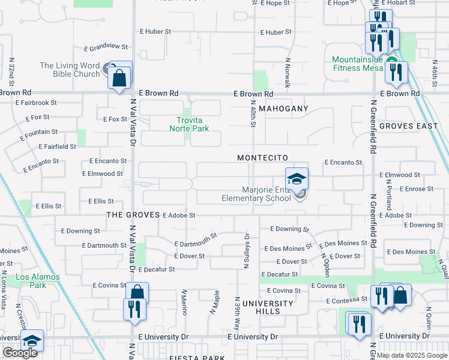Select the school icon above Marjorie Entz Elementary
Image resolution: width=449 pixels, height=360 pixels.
297,179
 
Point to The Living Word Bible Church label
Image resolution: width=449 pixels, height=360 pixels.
70,70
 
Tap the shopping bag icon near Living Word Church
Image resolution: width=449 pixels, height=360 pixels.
119,77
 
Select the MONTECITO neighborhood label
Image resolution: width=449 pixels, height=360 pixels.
262,158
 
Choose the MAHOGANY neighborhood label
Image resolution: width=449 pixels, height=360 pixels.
285,109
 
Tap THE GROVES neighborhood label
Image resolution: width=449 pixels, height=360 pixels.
133,215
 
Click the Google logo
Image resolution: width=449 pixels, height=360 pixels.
19,353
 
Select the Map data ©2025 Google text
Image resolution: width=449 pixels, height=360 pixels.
412,355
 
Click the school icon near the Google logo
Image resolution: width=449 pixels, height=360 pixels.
32,341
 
